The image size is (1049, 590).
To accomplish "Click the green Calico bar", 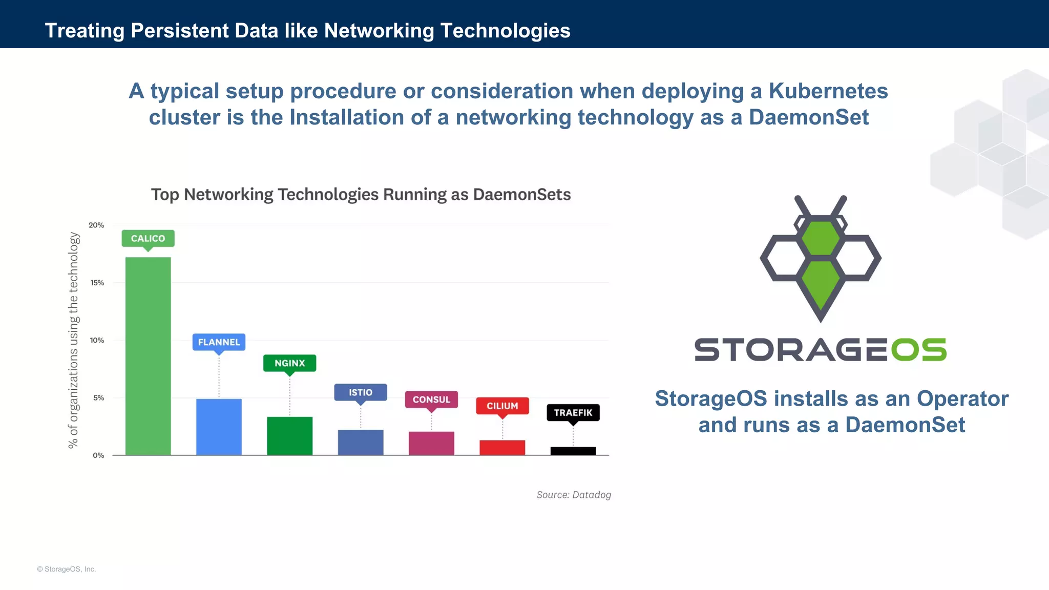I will tap(148, 356).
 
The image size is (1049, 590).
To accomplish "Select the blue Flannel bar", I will tap(219, 427).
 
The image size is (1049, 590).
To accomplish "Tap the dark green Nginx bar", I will tap(289, 436).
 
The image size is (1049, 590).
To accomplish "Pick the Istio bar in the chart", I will tap(361, 442).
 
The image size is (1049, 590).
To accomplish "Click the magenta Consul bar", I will tap(431, 443).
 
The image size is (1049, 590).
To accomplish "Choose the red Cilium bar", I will tap(502, 447).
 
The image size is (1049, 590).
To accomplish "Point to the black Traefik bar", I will tap(573, 451).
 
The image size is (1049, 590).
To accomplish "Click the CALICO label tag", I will tap(148, 239).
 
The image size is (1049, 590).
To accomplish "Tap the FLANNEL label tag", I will tap(219, 342).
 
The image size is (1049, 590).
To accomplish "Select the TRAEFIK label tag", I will tap(573, 413).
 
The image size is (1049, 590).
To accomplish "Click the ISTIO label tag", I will tap(361, 392).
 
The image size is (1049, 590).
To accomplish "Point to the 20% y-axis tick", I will tap(96, 225).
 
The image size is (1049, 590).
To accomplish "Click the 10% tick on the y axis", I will tap(97, 341).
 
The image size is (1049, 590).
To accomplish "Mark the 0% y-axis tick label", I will tap(98, 455).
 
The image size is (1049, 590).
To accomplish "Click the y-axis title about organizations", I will tap(74, 340).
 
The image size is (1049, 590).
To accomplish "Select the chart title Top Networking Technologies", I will tap(361, 195).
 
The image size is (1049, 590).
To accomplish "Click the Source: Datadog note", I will tap(574, 495).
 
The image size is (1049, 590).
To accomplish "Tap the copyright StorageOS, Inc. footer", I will tap(67, 569).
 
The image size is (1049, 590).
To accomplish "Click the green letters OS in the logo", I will tap(918, 350).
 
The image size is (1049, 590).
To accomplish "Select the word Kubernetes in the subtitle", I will tap(828, 91).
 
